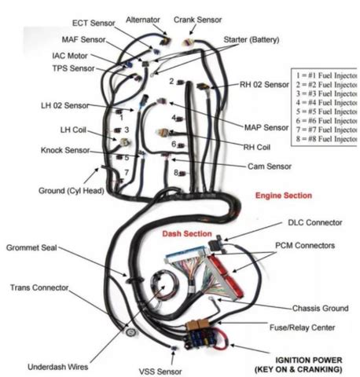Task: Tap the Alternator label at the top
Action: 143,19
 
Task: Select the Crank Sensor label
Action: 198,19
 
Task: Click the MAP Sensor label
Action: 265,126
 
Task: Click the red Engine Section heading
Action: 283,195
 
